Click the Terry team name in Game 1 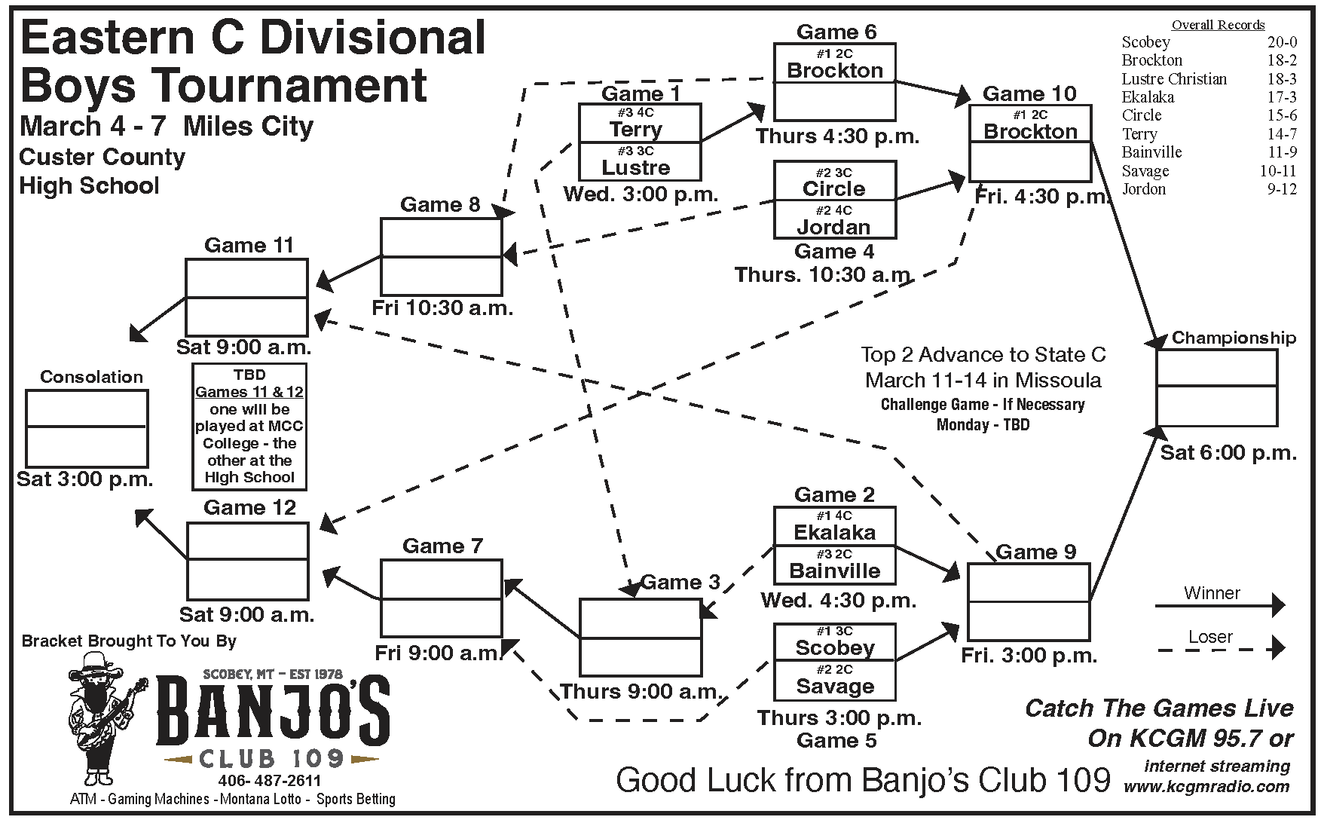(x=636, y=129)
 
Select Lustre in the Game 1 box (x=636, y=167)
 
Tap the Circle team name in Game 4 (x=834, y=188)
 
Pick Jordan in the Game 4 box (x=834, y=227)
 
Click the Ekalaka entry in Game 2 (x=834, y=532)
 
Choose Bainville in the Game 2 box (x=834, y=571)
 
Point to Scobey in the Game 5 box (x=834, y=648)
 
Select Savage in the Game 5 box (x=834, y=687)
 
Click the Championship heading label (x=1234, y=338)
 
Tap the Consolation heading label (x=91, y=377)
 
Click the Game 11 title (x=249, y=246)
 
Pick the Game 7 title (x=442, y=546)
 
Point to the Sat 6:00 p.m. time (x=1228, y=453)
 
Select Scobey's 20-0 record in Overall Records (x=1282, y=42)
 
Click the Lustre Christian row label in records (x=1173, y=79)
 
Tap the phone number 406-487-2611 (x=270, y=780)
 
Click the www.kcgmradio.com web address (x=1206, y=787)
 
